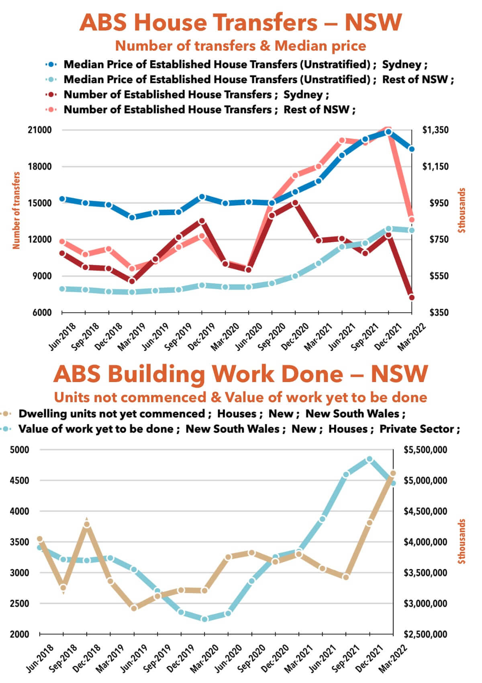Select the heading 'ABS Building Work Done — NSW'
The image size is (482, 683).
[241, 374]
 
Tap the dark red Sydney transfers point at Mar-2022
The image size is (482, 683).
[411, 297]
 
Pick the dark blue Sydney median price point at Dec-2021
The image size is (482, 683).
[388, 132]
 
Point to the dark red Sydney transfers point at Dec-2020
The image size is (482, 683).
[295, 203]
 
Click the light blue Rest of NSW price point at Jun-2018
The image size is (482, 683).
[62, 289]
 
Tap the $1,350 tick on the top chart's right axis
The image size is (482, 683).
[435, 130]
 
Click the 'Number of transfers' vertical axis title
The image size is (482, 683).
[16, 211]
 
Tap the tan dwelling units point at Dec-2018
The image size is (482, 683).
[87, 524]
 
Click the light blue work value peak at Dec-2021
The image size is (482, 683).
[370, 459]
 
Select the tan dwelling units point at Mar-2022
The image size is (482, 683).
[393, 473]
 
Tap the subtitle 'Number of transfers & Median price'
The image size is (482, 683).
[241, 46]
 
